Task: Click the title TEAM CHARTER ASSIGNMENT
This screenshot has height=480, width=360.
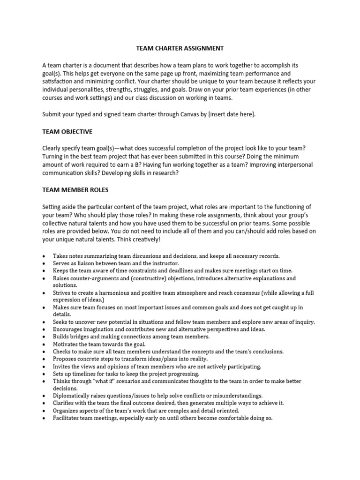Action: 180,48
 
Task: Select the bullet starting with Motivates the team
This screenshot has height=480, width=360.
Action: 99,344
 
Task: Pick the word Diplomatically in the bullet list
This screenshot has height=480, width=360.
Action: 72,396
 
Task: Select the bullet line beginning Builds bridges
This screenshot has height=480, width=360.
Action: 131,337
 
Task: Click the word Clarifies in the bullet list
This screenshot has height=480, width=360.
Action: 66,403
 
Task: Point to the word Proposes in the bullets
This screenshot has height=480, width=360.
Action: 66,359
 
